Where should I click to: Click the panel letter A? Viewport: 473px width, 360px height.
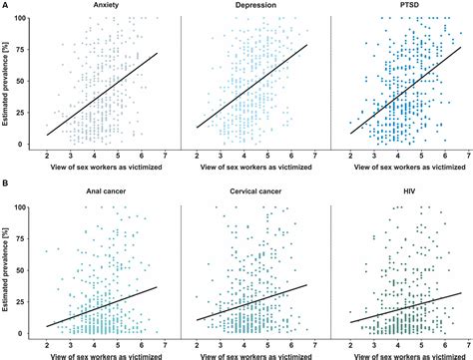click(5, 6)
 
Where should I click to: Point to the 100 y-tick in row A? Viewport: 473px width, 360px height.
click(21, 20)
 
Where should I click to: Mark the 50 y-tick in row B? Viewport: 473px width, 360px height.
click(23, 270)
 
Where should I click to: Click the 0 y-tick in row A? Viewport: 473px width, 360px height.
click(26, 144)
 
